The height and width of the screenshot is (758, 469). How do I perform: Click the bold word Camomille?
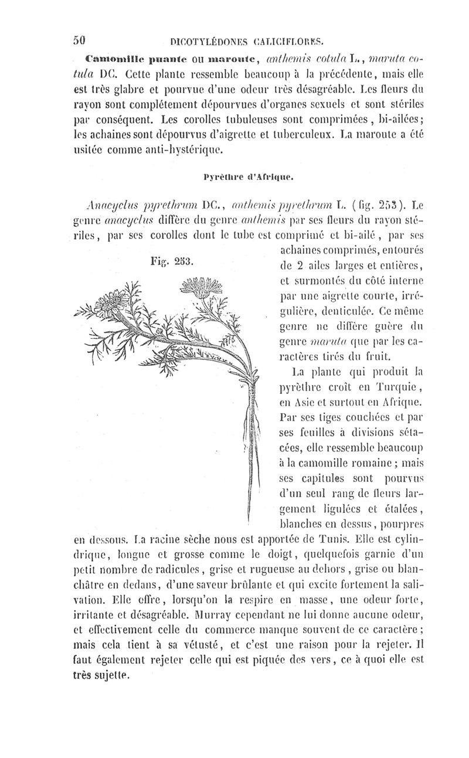coord(111,59)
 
